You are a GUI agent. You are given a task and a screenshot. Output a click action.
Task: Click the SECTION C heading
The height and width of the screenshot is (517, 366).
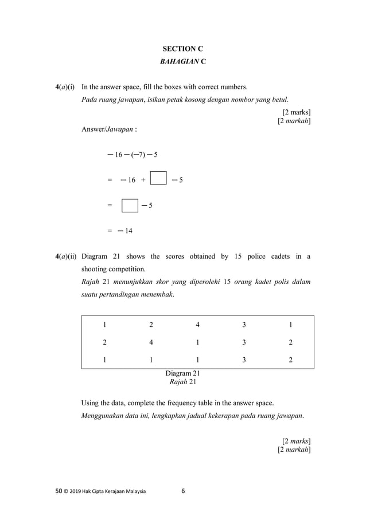coord(182,49)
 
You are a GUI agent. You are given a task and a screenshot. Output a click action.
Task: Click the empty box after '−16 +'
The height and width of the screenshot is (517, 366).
coord(158,179)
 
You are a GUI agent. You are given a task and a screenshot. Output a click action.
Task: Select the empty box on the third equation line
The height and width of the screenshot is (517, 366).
coord(130,205)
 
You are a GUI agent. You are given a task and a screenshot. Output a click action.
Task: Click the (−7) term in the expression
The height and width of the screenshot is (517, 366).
coord(137,155)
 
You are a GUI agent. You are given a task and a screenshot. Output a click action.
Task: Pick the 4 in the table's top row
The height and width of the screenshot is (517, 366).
coord(197,325)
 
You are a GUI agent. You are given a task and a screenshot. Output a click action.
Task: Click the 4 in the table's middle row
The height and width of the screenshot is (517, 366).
coord(151,342)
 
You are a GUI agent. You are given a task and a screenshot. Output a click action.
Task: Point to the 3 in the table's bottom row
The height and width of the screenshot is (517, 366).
coord(244,360)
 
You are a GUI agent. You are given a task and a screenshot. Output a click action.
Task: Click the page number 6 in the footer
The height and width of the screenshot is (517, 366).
coord(183,491)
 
